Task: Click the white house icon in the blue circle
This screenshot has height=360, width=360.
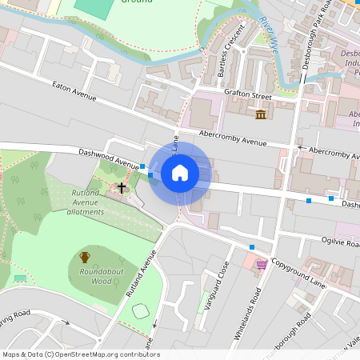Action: [x=180, y=172]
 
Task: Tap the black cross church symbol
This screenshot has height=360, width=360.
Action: [x=122, y=188]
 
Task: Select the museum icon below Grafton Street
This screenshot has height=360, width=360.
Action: [x=261, y=116]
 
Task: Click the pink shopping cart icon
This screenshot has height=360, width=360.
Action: [x=261, y=264]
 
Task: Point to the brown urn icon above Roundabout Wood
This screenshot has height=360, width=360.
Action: [x=85, y=257]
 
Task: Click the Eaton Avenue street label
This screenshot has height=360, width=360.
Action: [x=74, y=91]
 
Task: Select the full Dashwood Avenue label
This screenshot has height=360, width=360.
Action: [x=108, y=157]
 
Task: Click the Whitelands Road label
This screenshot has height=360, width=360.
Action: [x=248, y=314]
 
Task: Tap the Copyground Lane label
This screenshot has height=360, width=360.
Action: [x=298, y=273]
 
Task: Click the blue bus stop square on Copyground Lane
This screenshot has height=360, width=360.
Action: [x=252, y=246]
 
